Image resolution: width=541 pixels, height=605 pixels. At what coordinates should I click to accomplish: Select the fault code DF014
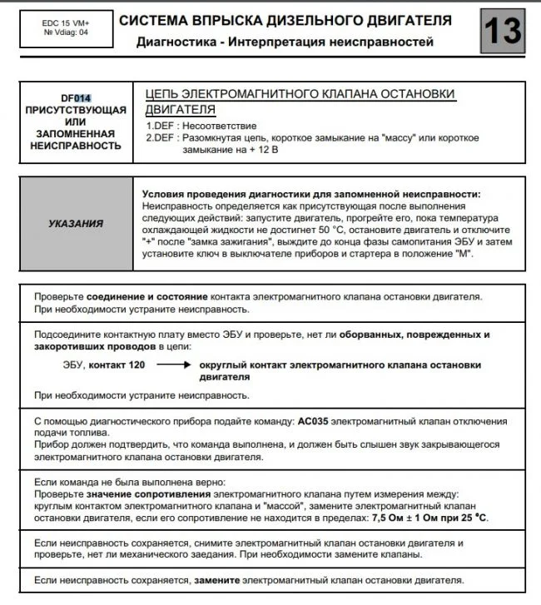point(76,97)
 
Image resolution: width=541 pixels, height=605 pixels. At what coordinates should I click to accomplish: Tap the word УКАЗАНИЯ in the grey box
point(76,222)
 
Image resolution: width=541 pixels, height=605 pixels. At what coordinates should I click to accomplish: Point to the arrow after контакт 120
point(173,365)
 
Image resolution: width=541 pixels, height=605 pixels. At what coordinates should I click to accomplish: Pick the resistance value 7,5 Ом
point(392,518)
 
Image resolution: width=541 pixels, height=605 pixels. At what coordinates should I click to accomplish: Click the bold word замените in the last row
point(218,580)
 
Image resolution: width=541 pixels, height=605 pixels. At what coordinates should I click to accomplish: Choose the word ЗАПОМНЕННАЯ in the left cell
point(76,133)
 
